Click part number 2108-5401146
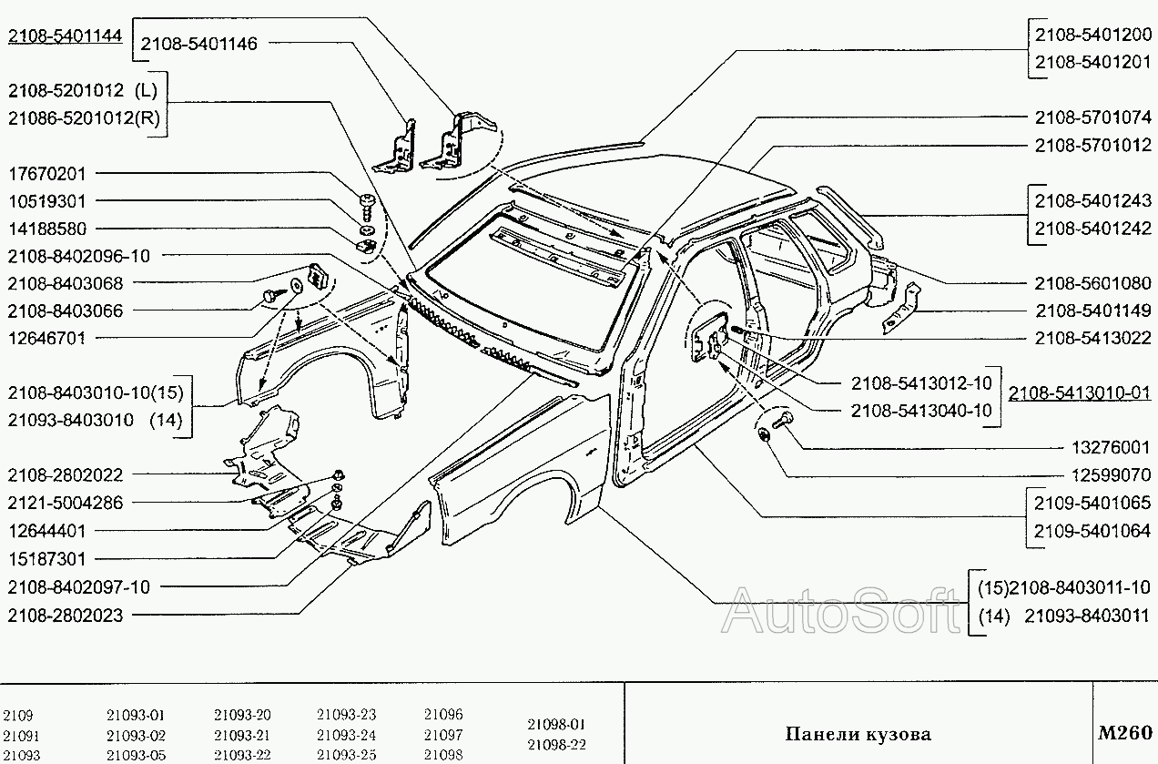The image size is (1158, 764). click(199, 43)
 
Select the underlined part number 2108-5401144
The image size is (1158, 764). click(65, 36)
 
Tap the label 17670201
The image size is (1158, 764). click(46, 174)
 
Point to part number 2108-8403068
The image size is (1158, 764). click(65, 283)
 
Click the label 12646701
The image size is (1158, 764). click(46, 338)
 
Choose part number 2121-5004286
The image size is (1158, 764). click(65, 503)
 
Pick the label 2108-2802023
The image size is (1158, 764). click(65, 616)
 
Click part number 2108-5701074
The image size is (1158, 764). click(1092, 118)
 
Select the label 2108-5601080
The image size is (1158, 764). click(1092, 283)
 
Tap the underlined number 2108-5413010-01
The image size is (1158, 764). click(1080, 393)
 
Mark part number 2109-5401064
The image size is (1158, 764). click(1092, 530)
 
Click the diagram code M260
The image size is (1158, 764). click(1125, 732)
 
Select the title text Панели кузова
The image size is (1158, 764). click(858, 734)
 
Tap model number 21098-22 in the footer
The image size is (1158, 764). click(557, 744)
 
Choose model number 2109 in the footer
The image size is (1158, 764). click(17, 716)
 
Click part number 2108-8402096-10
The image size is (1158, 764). click(78, 256)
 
